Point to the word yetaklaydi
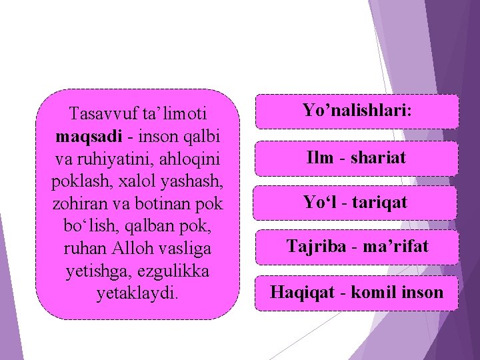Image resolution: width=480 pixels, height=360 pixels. [137, 293]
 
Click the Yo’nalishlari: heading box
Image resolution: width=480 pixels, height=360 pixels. [357, 111]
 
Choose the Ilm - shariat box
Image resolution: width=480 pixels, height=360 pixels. [357, 159]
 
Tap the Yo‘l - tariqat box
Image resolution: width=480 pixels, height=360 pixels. [357, 203]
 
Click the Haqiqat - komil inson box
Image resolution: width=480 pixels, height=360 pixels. [357, 292]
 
